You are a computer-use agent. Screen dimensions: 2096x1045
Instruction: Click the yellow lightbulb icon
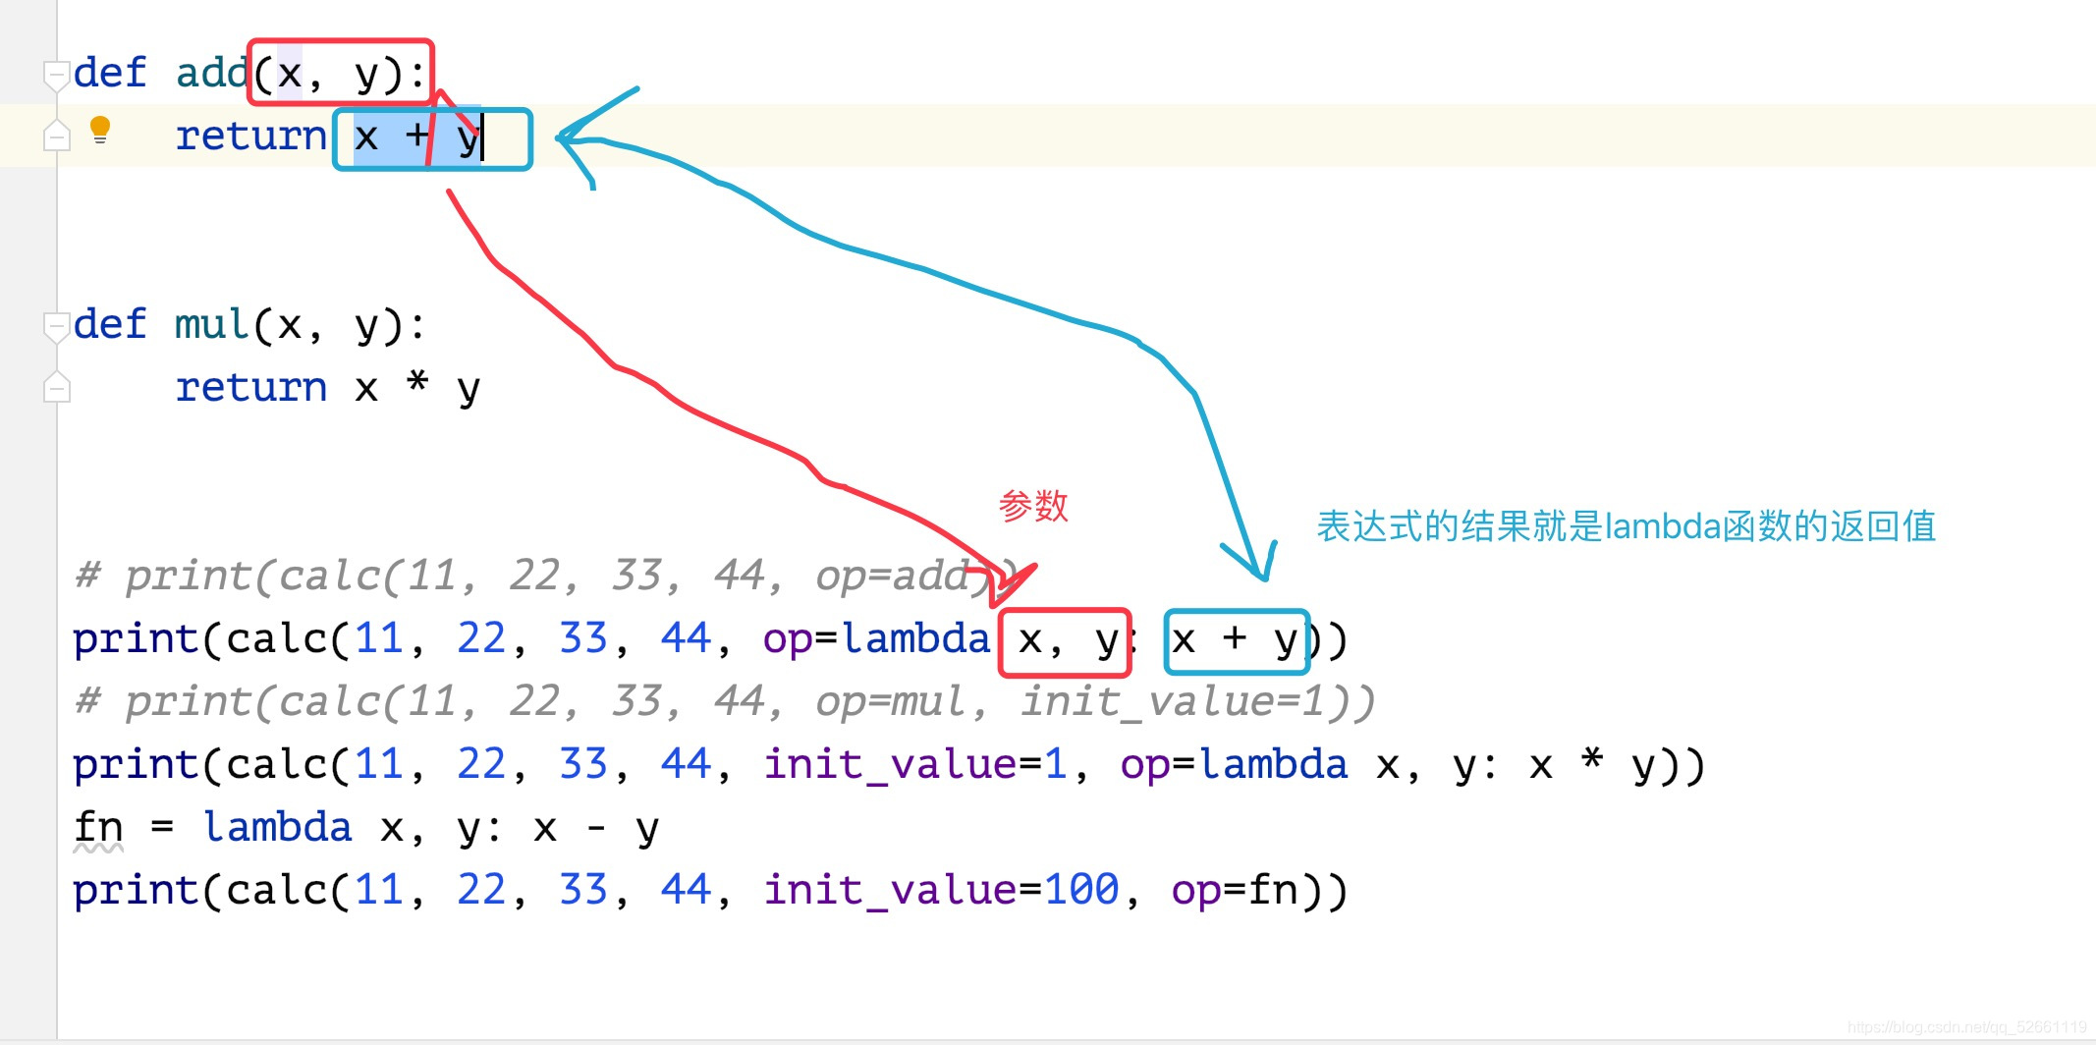pyautogui.click(x=100, y=130)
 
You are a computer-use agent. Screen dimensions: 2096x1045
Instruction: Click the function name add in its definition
pyautogui.click(x=211, y=73)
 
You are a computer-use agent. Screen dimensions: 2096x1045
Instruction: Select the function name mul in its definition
pyautogui.click(x=211, y=324)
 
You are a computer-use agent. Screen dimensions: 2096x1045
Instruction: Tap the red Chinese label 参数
pyautogui.click(x=1033, y=507)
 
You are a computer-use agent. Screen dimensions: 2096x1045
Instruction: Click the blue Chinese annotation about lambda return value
pyautogui.click(x=1626, y=526)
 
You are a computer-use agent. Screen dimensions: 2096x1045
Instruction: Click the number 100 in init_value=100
pyautogui.click(x=1081, y=890)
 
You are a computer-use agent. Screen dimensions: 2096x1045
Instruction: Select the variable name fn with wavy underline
pyautogui.click(x=98, y=828)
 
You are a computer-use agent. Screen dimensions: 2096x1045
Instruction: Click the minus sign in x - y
pyautogui.click(x=596, y=828)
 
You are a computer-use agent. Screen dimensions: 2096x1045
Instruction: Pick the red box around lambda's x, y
pyautogui.click(x=1065, y=641)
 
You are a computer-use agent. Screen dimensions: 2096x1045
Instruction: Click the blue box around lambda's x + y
pyautogui.click(x=1236, y=641)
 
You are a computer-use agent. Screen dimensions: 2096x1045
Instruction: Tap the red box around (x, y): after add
pyautogui.click(x=340, y=73)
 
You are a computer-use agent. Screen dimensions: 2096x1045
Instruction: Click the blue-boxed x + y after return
pyautogui.click(x=432, y=138)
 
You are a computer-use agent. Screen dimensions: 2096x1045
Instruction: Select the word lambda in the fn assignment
pyautogui.click(x=277, y=828)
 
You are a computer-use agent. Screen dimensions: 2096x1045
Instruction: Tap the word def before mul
pyautogui.click(x=110, y=324)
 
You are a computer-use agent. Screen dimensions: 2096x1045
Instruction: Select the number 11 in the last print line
pyautogui.click(x=379, y=890)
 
